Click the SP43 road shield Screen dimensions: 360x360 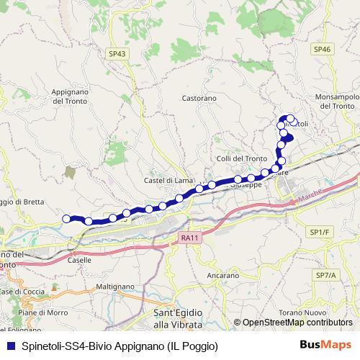pos(117,53)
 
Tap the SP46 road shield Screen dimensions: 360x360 pos(322,49)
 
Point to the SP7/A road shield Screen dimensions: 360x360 pos(325,276)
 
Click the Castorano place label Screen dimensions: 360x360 pos(199,97)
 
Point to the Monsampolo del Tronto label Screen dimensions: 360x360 pos(336,101)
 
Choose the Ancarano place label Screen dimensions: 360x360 pos(222,276)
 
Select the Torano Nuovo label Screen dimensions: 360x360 pos(324,311)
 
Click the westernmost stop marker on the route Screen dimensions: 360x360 pos(67,219)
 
